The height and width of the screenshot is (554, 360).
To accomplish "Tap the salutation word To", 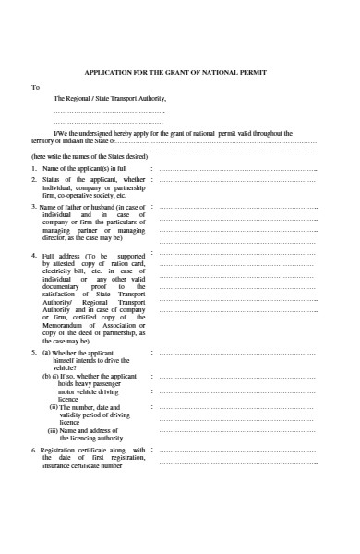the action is [36, 87].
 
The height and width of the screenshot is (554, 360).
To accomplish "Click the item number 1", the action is [33, 169].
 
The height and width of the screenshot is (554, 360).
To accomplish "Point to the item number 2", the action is [33, 179].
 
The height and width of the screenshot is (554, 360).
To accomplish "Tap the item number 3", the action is [33, 207].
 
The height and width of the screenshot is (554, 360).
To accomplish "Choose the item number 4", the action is [33, 254].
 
